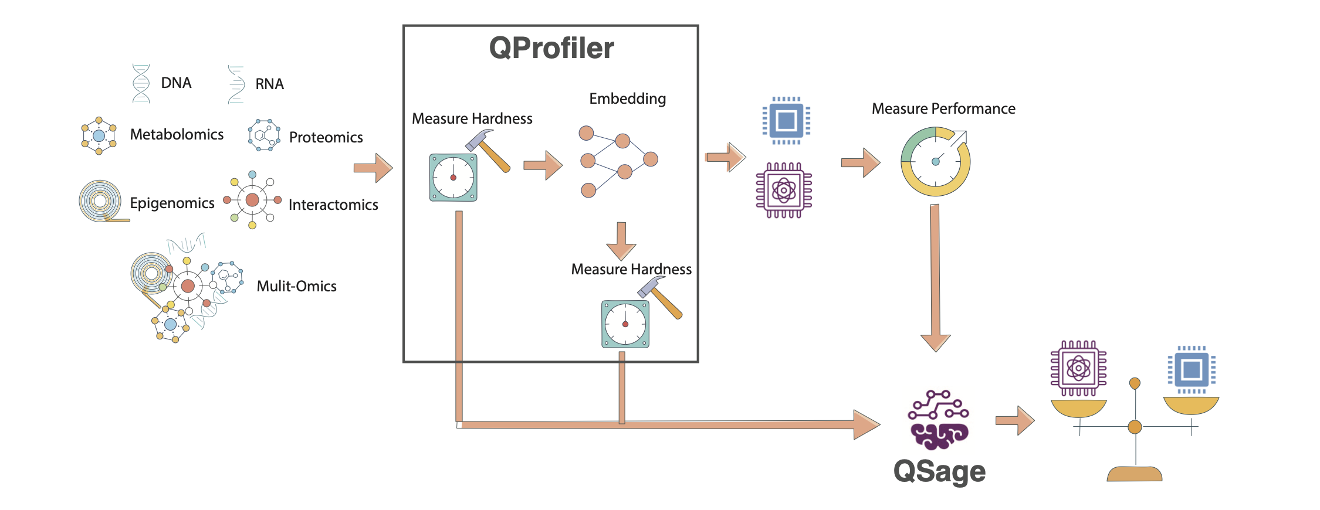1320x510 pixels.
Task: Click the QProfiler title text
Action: pyautogui.click(x=551, y=48)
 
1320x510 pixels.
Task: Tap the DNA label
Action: pyautogui.click(x=176, y=83)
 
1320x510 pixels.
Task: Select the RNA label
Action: pyautogui.click(x=269, y=84)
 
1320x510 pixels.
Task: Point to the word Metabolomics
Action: pyautogui.click(x=177, y=135)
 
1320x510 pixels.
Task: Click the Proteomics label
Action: pyautogui.click(x=326, y=138)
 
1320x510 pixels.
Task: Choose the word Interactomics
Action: pyautogui.click(x=333, y=205)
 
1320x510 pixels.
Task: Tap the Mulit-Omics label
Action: pyautogui.click(x=296, y=287)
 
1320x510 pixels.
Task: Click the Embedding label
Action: pyautogui.click(x=627, y=99)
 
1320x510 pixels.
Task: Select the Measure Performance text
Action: pyautogui.click(x=943, y=109)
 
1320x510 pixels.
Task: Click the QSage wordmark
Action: pyautogui.click(x=939, y=471)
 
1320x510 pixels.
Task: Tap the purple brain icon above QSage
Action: pyautogui.click(x=939, y=420)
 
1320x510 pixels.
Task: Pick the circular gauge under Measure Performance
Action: pyautogui.click(x=935, y=162)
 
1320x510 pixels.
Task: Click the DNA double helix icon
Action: pyautogui.click(x=141, y=84)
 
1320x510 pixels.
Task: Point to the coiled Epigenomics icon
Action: pyautogui.click(x=101, y=201)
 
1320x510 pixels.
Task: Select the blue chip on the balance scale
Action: pyautogui.click(x=1192, y=369)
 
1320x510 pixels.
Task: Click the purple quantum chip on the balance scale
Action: pyautogui.click(x=1078, y=368)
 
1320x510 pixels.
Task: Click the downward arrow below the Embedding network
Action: pyautogui.click(x=621, y=240)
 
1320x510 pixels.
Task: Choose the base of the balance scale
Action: pyautogui.click(x=1134, y=474)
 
